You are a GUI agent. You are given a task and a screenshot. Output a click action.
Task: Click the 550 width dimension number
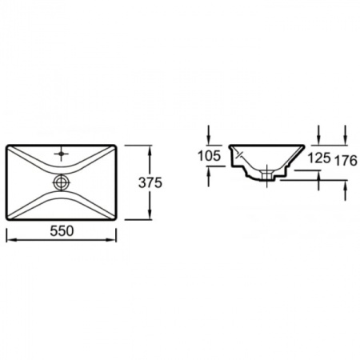point(62,231)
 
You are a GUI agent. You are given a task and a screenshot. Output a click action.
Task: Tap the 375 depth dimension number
point(150,183)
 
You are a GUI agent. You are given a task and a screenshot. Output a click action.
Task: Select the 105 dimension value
point(210,155)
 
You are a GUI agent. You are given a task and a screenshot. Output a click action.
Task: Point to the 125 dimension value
point(319,158)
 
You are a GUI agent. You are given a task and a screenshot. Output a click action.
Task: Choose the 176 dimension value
point(346,161)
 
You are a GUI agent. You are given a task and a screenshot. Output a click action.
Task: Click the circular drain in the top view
point(62,182)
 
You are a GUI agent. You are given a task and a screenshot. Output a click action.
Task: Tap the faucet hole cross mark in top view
point(62,154)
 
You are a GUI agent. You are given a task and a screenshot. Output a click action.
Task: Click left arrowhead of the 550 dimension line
point(10,240)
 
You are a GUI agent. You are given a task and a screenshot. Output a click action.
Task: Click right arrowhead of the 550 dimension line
point(111,240)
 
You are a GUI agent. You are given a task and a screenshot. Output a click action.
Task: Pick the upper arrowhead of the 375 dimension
point(150,151)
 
